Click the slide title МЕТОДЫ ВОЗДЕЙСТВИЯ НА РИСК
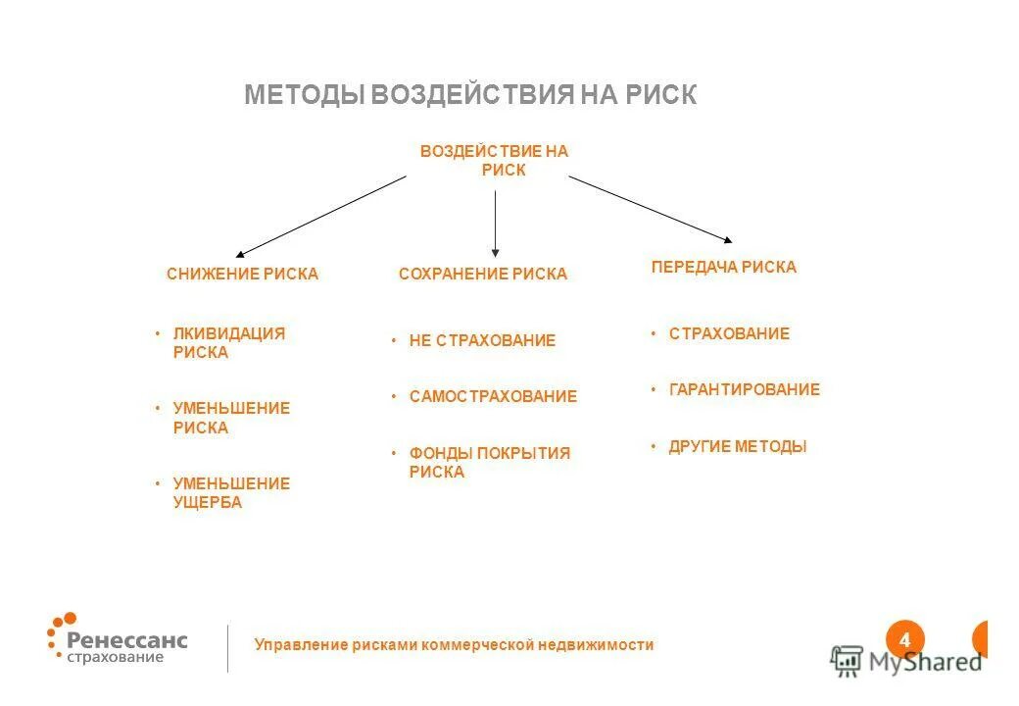point(470,95)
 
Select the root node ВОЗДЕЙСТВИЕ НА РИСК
point(495,160)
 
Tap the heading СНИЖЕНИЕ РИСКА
point(242,275)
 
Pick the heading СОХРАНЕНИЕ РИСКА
point(483,275)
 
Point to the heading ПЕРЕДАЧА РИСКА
point(723,267)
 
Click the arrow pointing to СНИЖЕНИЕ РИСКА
point(320,217)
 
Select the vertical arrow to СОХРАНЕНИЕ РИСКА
point(495,224)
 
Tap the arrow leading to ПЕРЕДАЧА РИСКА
point(651,208)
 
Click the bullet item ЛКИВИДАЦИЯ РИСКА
point(228,343)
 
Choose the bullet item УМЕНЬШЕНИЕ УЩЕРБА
point(231,493)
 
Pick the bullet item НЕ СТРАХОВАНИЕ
point(482,340)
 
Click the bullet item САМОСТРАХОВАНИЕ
point(493,397)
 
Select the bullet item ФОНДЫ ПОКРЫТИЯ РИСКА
point(489,463)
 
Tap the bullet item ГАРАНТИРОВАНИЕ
point(744,389)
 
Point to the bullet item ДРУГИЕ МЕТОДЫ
point(737,446)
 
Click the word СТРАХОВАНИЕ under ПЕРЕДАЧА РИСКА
point(729,333)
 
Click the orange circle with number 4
point(904,640)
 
